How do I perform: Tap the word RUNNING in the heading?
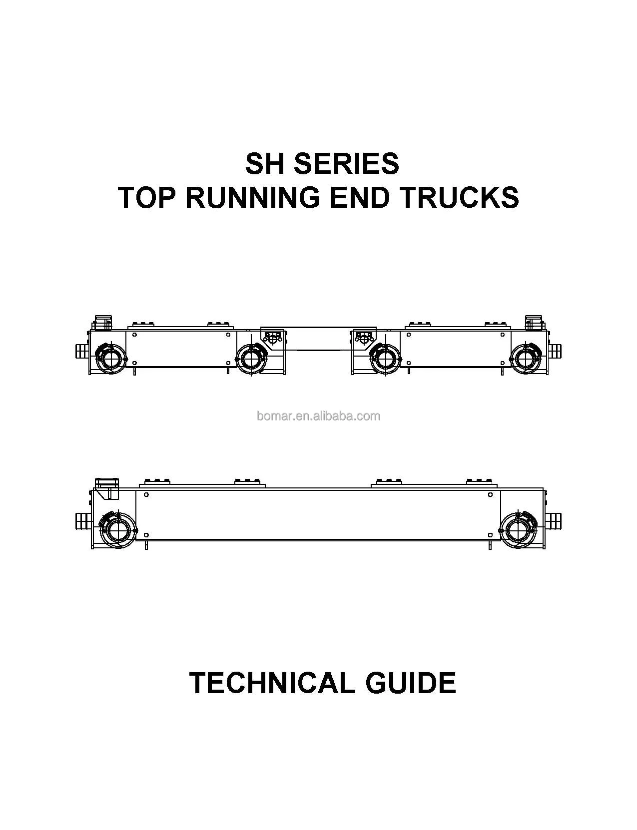click(252, 197)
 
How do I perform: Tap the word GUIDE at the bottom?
click(411, 683)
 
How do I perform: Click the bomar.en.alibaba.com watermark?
click(318, 416)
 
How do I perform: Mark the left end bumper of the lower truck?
click(81, 520)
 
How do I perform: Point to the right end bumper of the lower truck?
click(555, 520)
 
